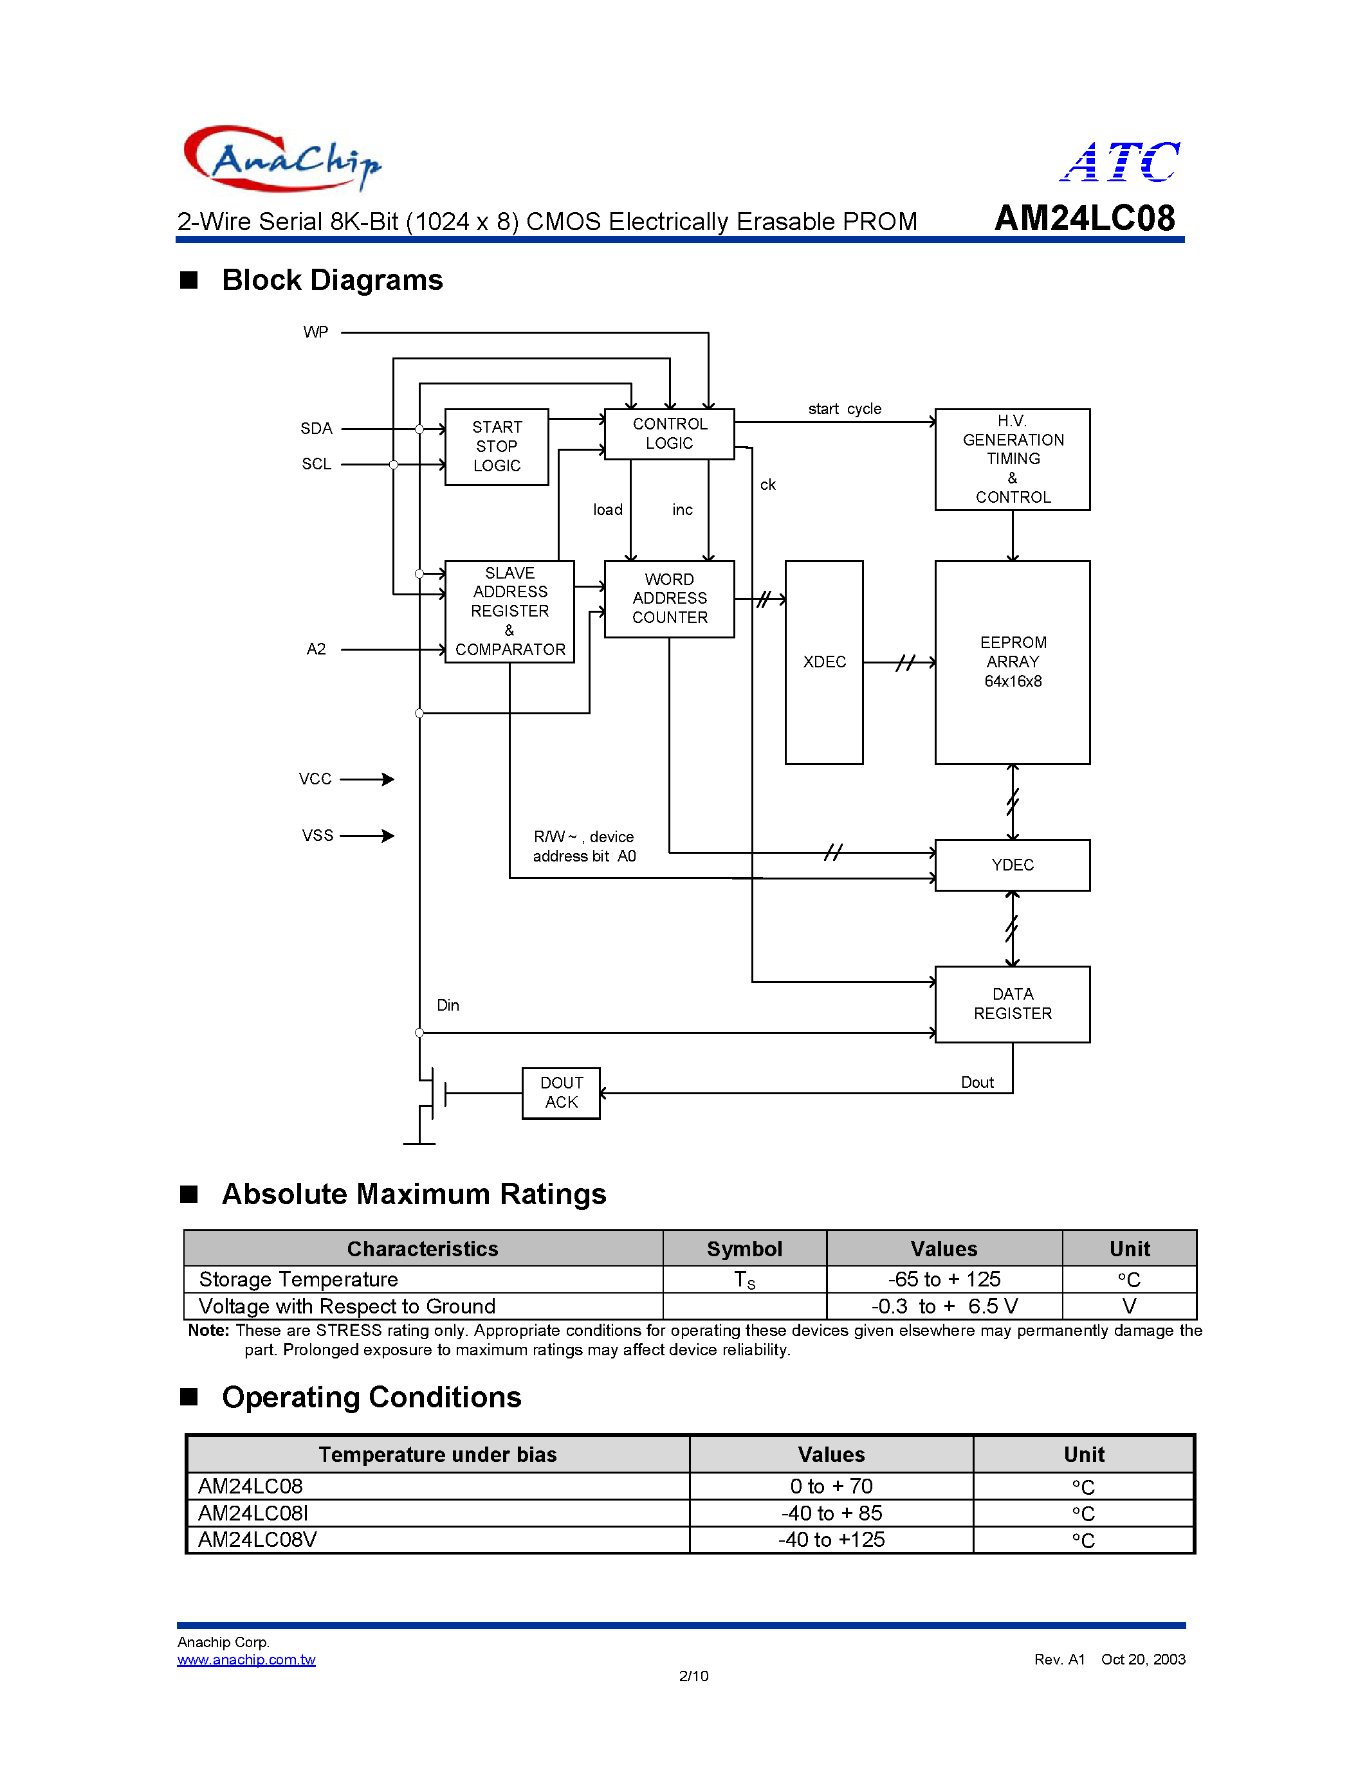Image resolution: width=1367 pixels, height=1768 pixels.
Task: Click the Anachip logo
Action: [282, 159]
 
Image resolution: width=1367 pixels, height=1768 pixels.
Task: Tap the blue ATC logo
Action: [1120, 161]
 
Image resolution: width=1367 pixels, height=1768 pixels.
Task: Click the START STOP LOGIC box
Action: [497, 447]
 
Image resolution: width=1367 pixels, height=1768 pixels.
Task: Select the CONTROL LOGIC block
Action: [669, 434]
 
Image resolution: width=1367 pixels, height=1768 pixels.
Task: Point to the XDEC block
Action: [823, 662]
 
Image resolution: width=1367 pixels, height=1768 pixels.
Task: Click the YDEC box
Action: [1013, 865]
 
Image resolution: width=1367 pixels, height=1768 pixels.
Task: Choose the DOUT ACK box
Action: [561, 1093]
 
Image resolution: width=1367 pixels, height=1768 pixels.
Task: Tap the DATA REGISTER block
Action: [1013, 1004]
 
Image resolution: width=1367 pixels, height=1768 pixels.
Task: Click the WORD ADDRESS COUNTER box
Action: [669, 599]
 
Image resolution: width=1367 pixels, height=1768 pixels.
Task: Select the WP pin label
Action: [316, 332]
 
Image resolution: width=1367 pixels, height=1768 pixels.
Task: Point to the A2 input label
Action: [316, 649]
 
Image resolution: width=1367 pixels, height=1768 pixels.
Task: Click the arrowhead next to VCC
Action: [388, 779]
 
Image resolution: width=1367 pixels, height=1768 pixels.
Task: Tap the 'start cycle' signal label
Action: [845, 409]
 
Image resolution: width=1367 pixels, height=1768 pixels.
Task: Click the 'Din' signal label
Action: [448, 1006]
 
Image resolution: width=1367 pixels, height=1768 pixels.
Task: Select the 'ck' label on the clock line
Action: [767, 485]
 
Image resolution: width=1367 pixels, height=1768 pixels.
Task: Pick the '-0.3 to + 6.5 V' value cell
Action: [944, 1306]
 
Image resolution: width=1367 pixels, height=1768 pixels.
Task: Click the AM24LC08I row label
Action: [253, 1513]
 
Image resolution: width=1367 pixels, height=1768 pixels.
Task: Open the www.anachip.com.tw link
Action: [246, 1659]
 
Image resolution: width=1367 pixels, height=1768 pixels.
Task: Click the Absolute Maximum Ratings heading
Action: [414, 1194]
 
